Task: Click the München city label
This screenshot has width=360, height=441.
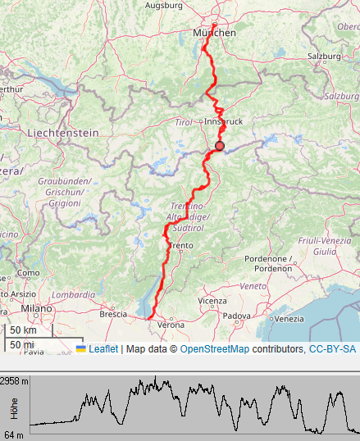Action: [214, 33]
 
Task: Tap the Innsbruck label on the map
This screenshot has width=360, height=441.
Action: [225, 121]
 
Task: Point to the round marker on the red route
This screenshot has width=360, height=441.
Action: [219, 146]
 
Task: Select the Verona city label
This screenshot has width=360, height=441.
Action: [171, 325]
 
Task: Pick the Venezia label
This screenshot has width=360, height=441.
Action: [289, 318]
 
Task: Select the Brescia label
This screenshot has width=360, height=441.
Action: [113, 314]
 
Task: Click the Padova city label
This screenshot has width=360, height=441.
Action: [236, 316]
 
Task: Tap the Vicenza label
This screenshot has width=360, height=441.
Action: [212, 301]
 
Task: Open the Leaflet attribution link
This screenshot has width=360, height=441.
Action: [103, 348]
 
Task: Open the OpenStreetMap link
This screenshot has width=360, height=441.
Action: [215, 348]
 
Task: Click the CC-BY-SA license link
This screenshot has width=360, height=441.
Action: [332, 348]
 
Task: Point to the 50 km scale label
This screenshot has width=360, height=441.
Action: [22, 330]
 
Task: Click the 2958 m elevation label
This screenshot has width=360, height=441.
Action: [15, 381]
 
